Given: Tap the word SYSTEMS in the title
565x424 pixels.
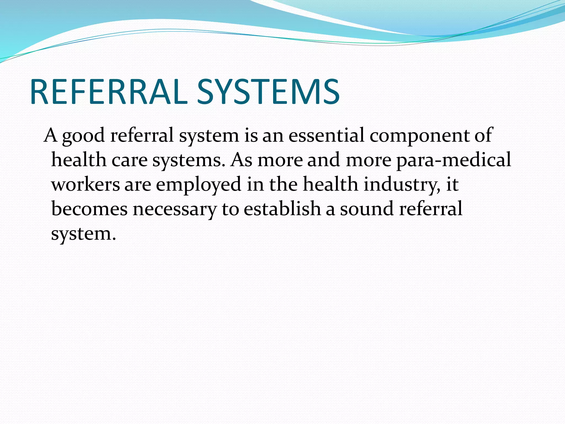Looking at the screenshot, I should [x=268, y=92].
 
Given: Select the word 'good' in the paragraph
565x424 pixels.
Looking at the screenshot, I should [x=84, y=136].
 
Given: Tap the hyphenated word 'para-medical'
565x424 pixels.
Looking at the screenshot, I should [x=454, y=160].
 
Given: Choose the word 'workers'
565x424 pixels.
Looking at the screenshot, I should [x=86, y=184].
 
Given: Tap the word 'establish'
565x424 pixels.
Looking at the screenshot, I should [x=282, y=208].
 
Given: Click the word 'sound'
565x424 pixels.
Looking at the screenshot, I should [x=367, y=209].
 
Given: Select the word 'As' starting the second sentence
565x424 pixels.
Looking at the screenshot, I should [x=241, y=160].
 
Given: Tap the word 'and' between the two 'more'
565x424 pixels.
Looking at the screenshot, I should [x=323, y=160].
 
